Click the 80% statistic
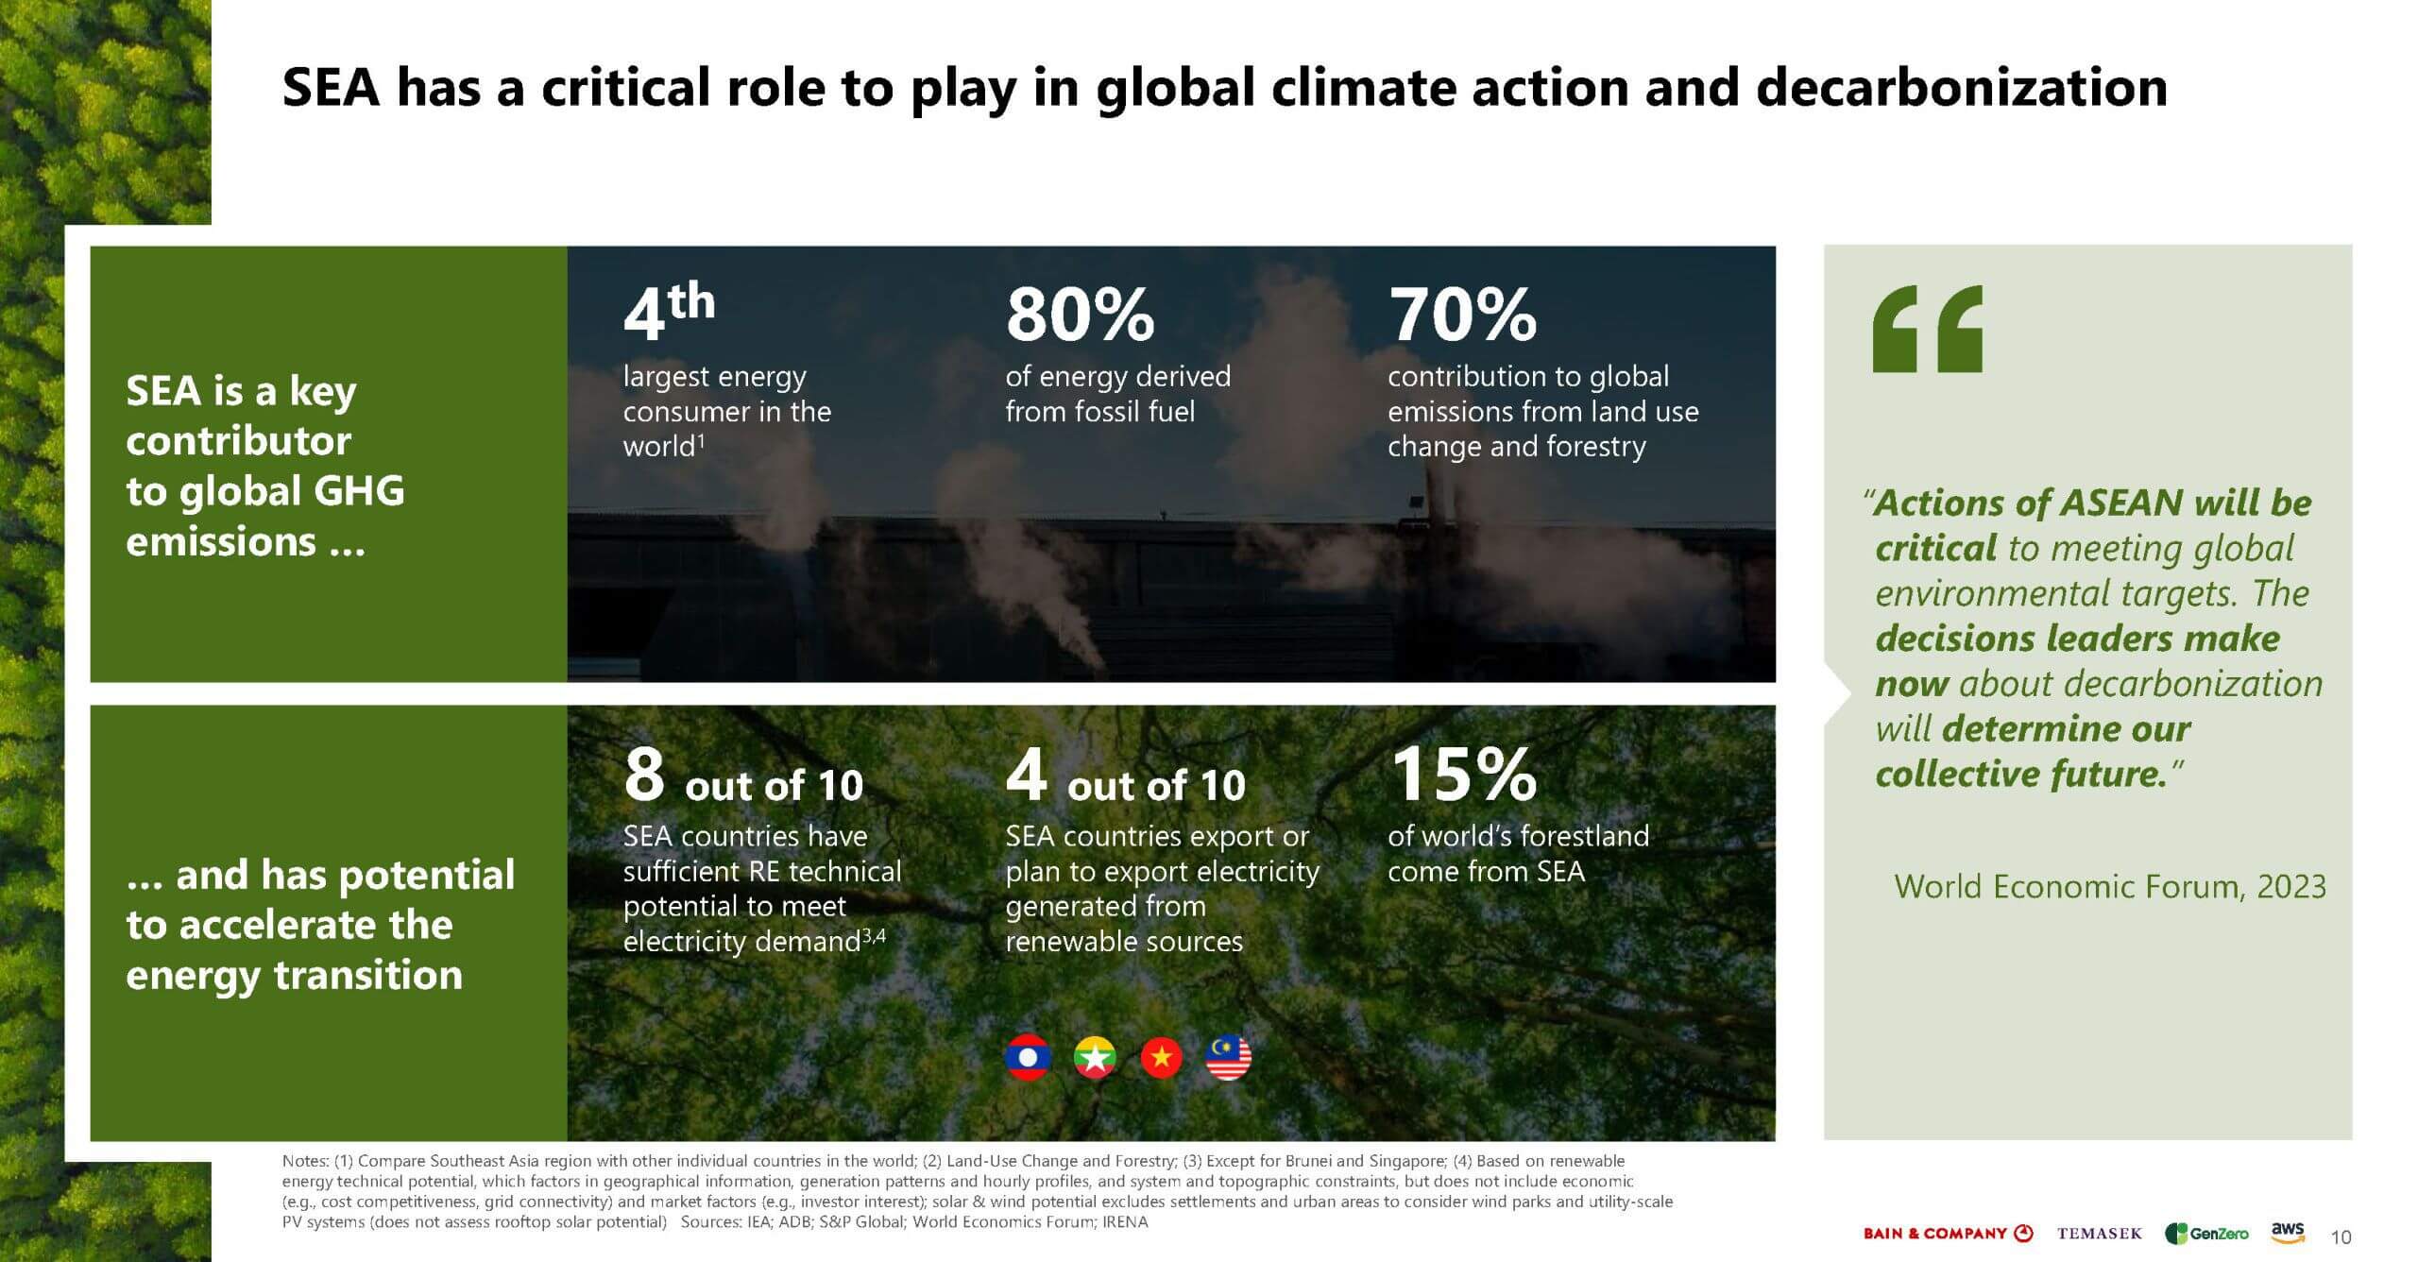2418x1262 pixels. coord(1080,315)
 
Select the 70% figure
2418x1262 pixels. coord(1462,315)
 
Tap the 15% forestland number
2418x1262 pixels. coord(1464,774)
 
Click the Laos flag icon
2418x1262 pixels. coord(1028,1057)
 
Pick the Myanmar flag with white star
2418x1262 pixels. coord(1095,1057)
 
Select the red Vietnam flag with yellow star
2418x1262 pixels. coord(1162,1057)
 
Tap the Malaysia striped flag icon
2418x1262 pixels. coord(1229,1057)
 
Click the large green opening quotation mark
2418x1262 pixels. coord(1928,329)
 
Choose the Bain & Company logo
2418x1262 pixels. coord(1948,1234)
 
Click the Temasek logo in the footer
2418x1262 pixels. coord(2100,1234)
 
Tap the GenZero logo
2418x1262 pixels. coord(2206,1234)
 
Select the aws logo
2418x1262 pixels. coord(2288,1232)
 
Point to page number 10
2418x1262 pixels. coord(2341,1237)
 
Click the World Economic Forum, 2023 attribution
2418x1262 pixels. coord(2110,886)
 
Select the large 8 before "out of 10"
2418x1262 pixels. coord(644,774)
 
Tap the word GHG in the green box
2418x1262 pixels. coord(358,491)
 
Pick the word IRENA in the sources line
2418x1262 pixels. coord(1125,1221)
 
